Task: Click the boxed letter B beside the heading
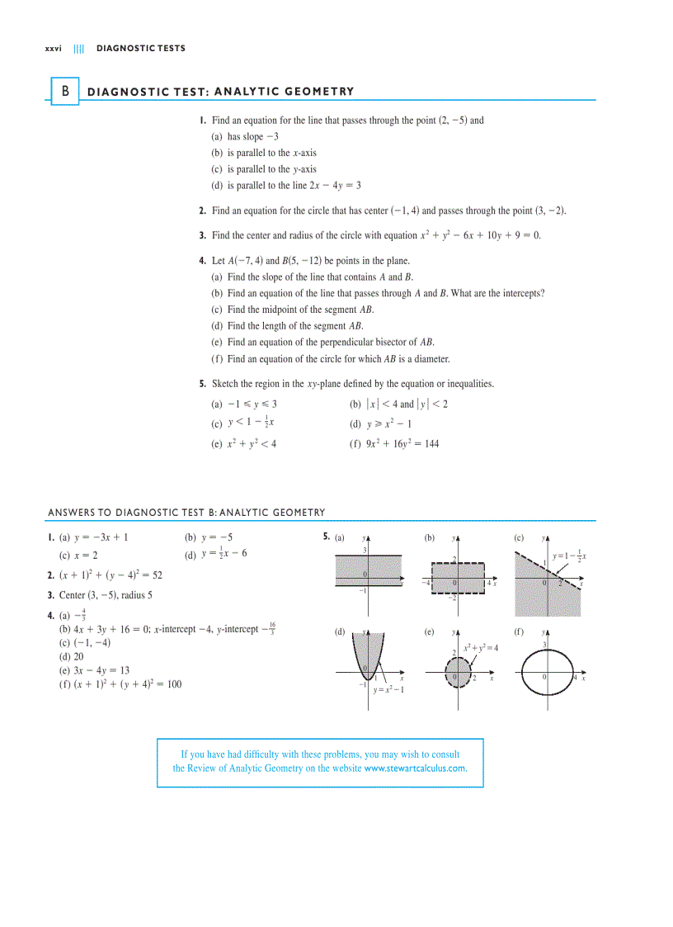click(65, 91)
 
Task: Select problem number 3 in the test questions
click(202, 235)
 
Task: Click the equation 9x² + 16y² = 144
click(402, 443)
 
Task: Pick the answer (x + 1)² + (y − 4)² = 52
click(111, 575)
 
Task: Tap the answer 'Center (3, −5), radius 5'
click(106, 594)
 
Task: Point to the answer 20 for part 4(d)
click(78, 657)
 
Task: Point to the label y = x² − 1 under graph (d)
click(388, 690)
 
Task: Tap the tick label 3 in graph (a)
click(365, 551)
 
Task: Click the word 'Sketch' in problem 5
click(224, 384)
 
